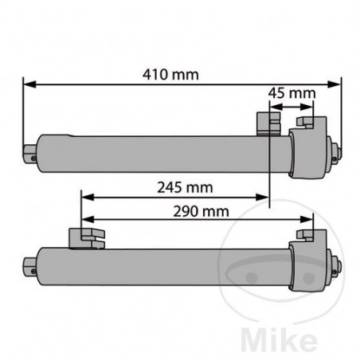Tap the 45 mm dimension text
tap(292, 94)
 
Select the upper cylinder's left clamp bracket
tap(266, 123)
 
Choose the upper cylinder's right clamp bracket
tap(305, 124)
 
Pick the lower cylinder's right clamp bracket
tap(305, 237)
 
